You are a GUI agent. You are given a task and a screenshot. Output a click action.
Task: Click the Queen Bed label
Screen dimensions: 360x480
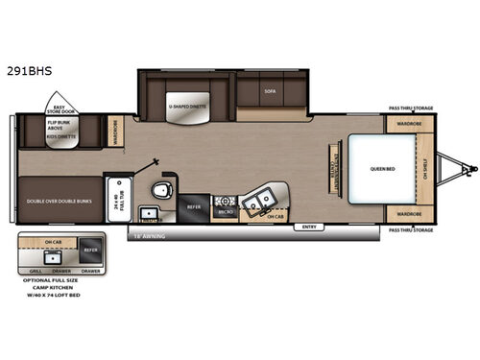tap(383, 169)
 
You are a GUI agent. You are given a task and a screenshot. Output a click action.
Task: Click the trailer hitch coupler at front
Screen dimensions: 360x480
tap(468, 170)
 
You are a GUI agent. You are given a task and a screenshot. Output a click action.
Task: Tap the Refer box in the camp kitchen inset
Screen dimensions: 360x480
tap(90, 247)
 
